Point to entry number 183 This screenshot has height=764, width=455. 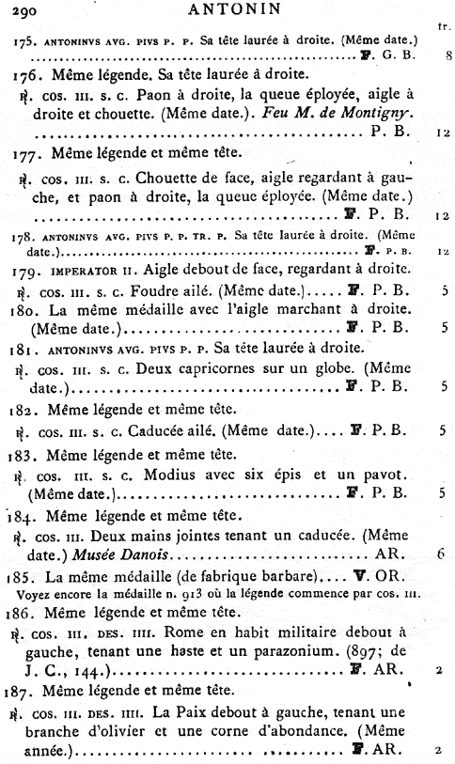click(x=29, y=454)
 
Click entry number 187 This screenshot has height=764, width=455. click(x=29, y=691)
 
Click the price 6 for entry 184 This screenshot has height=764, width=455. click(x=439, y=554)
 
